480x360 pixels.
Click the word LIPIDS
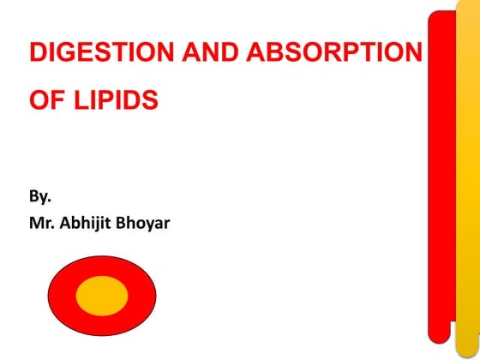pyautogui.click(x=111, y=101)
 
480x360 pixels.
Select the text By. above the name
pyautogui.click(x=40, y=199)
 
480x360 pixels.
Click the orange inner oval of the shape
pyautogui.click(x=102, y=295)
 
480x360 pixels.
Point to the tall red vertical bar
pyautogui.click(x=441, y=171)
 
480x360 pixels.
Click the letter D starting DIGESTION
pyautogui.click(x=37, y=53)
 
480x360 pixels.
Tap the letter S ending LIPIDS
pyautogui.click(x=151, y=101)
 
